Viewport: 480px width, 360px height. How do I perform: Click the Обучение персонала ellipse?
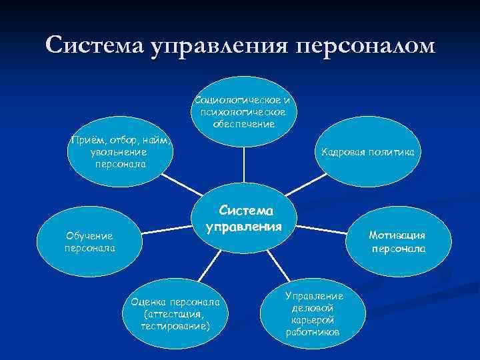tap(86, 242)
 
